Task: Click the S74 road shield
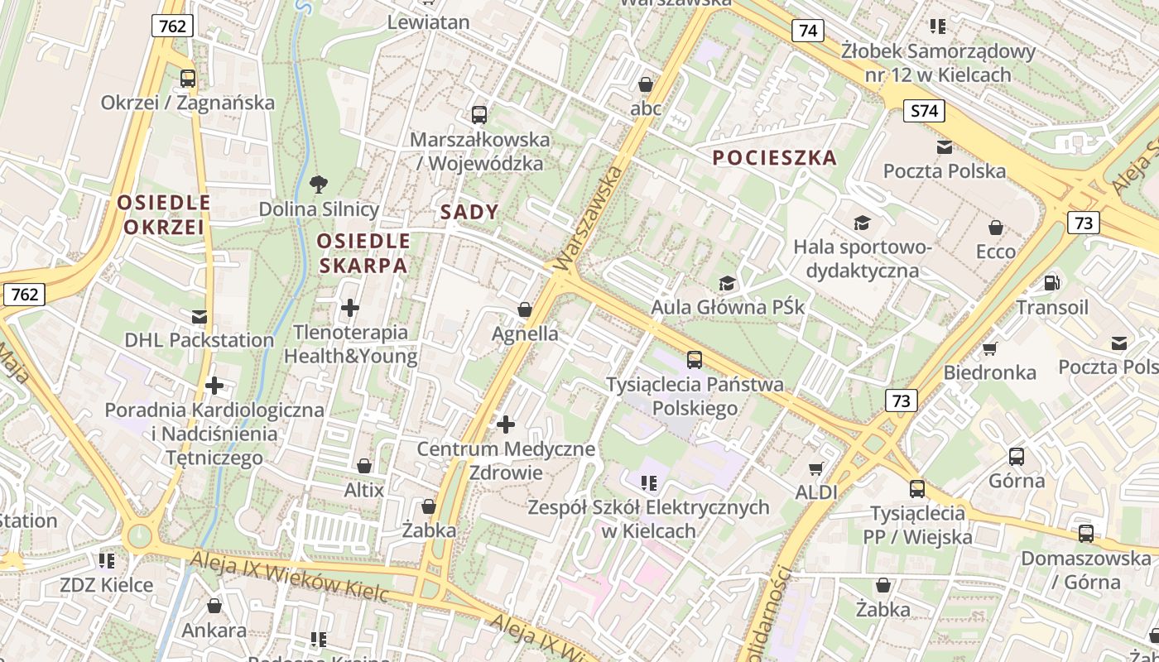924,112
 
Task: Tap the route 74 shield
807,31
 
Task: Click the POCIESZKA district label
775,158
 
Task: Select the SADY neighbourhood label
469,212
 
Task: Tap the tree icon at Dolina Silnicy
318,184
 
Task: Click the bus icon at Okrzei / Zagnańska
188,79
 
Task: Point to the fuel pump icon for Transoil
1051,283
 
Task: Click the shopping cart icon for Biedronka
989,348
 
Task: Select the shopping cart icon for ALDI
816,468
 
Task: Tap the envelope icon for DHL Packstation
199,316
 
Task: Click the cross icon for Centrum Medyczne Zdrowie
506,425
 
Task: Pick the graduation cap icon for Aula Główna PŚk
727,284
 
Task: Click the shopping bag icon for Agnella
524,310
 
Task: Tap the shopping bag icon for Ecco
996,228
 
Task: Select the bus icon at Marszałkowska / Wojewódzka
479,115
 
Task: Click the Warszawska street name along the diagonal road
589,218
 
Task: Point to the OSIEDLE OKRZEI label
164,214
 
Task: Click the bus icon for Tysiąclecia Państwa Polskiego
695,360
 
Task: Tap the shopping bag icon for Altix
364,466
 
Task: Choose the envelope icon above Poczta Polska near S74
944,147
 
